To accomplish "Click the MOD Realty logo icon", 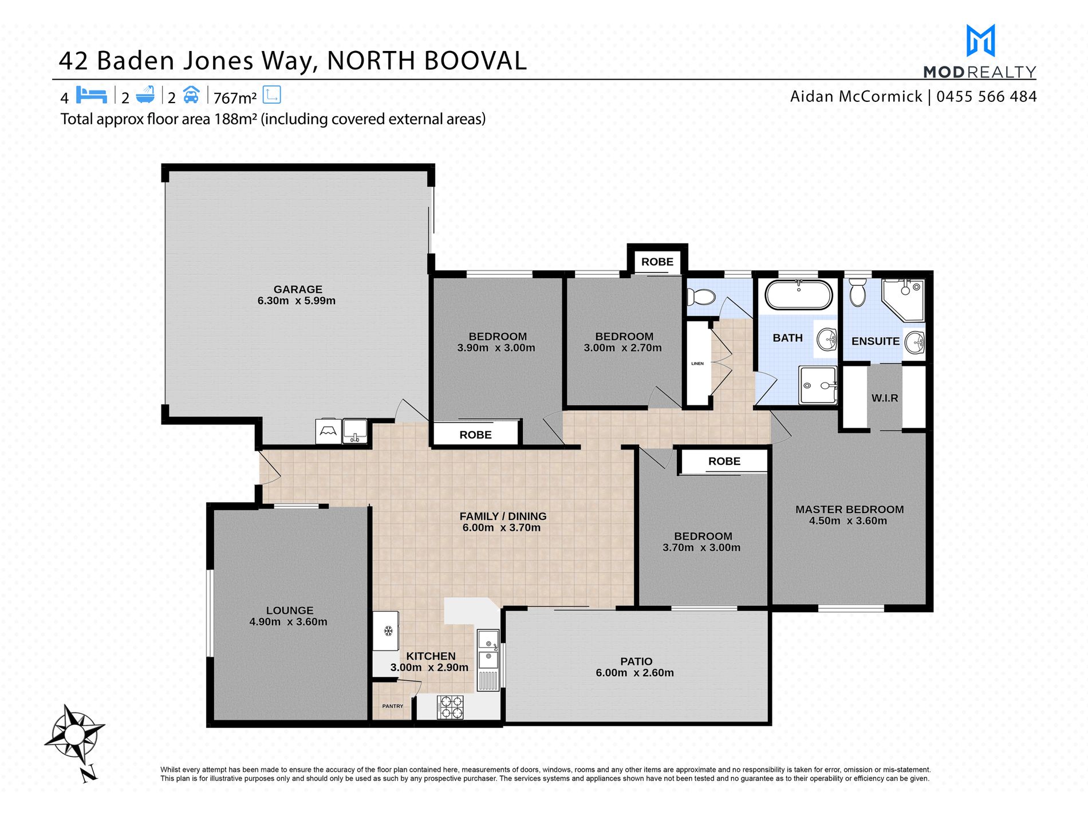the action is [980, 40].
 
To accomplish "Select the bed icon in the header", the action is [92, 94].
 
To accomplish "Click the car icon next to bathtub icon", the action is [191, 94].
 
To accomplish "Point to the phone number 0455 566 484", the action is [986, 96].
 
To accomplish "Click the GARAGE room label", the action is [298, 289].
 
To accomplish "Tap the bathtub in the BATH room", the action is [798, 294].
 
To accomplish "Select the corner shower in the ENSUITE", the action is [903, 300].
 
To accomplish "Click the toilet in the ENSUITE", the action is [857, 292].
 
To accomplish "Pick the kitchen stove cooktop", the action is [450, 707].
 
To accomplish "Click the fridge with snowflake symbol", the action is [386, 630].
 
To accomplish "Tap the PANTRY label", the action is [393, 706].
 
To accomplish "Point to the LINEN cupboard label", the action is [697, 364].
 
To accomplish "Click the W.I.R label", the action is [885, 398].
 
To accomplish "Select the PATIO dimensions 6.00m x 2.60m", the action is [634, 673].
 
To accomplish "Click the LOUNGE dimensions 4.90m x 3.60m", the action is [288, 622].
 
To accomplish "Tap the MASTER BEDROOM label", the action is [849, 510].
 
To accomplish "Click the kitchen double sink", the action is [488, 649].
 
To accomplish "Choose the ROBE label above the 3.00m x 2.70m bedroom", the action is [657, 262].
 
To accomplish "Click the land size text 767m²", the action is [235, 98].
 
